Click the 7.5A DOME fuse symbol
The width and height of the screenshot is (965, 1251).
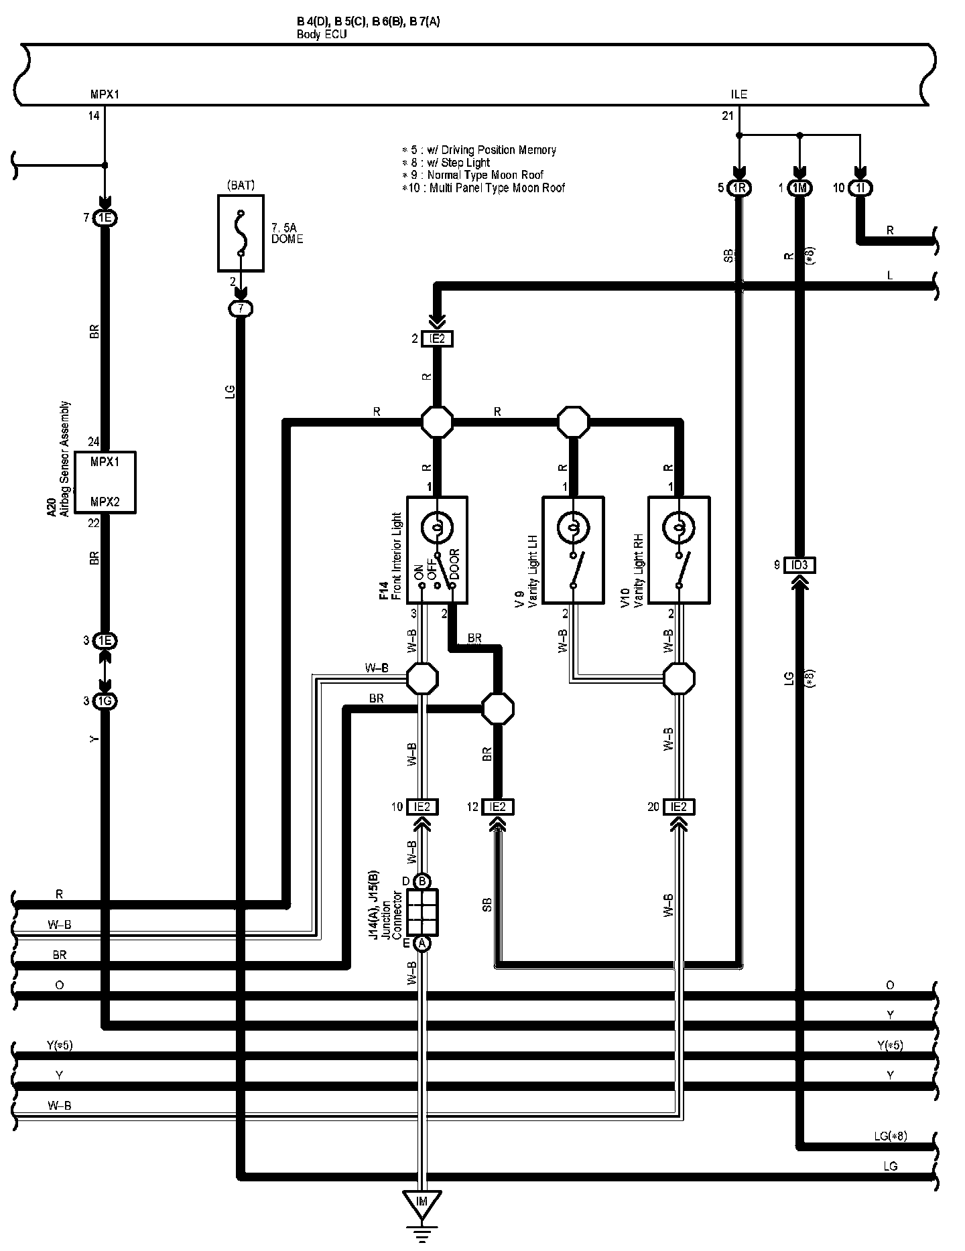pyautogui.click(x=241, y=233)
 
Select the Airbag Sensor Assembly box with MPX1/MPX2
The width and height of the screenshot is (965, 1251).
pyautogui.click(x=105, y=482)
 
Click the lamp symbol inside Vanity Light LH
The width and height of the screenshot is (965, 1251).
pyautogui.click(x=573, y=528)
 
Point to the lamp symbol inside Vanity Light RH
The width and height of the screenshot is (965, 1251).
pyautogui.click(x=679, y=528)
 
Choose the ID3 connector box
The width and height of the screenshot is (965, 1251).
pyautogui.click(x=799, y=565)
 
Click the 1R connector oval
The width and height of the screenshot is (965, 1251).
pyautogui.click(x=739, y=188)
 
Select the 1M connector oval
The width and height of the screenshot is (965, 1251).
pyautogui.click(x=799, y=188)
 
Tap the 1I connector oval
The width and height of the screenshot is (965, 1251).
pyautogui.click(x=860, y=188)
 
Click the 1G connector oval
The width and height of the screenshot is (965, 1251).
pyautogui.click(x=105, y=701)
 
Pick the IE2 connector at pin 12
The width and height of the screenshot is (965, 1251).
pyautogui.click(x=498, y=807)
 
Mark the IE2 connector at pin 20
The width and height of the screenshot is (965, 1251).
pyautogui.click(x=679, y=807)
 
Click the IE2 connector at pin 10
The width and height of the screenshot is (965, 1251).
pyautogui.click(x=422, y=807)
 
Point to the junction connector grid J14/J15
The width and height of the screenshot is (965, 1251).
pyautogui.click(x=422, y=912)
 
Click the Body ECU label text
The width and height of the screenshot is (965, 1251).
pyautogui.click(x=322, y=34)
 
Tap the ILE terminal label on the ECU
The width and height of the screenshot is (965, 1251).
pyautogui.click(x=739, y=94)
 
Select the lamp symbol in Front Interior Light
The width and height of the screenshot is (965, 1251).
pyautogui.click(x=437, y=528)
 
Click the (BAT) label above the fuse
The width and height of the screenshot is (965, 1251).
pyautogui.click(x=241, y=185)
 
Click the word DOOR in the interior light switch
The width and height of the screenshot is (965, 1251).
pyautogui.click(x=455, y=566)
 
